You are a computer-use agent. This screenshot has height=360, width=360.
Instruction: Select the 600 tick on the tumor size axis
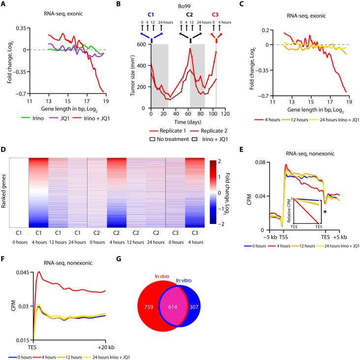tap(141, 44)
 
